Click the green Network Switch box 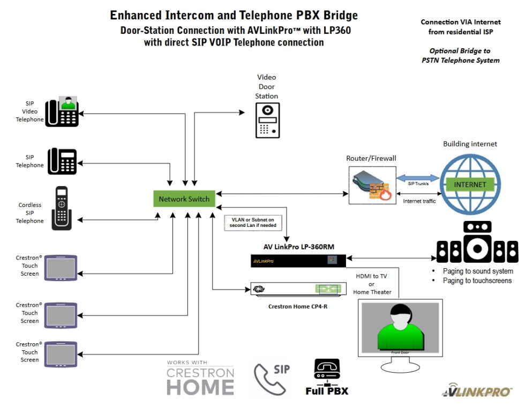tap(184, 199)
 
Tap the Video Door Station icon tap(267, 119)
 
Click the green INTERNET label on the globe tap(470, 184)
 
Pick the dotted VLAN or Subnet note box tap(252, 223)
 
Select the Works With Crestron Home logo tap(200, 379)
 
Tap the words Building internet tap(470, 144)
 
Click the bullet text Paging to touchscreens tap(477, 280)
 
